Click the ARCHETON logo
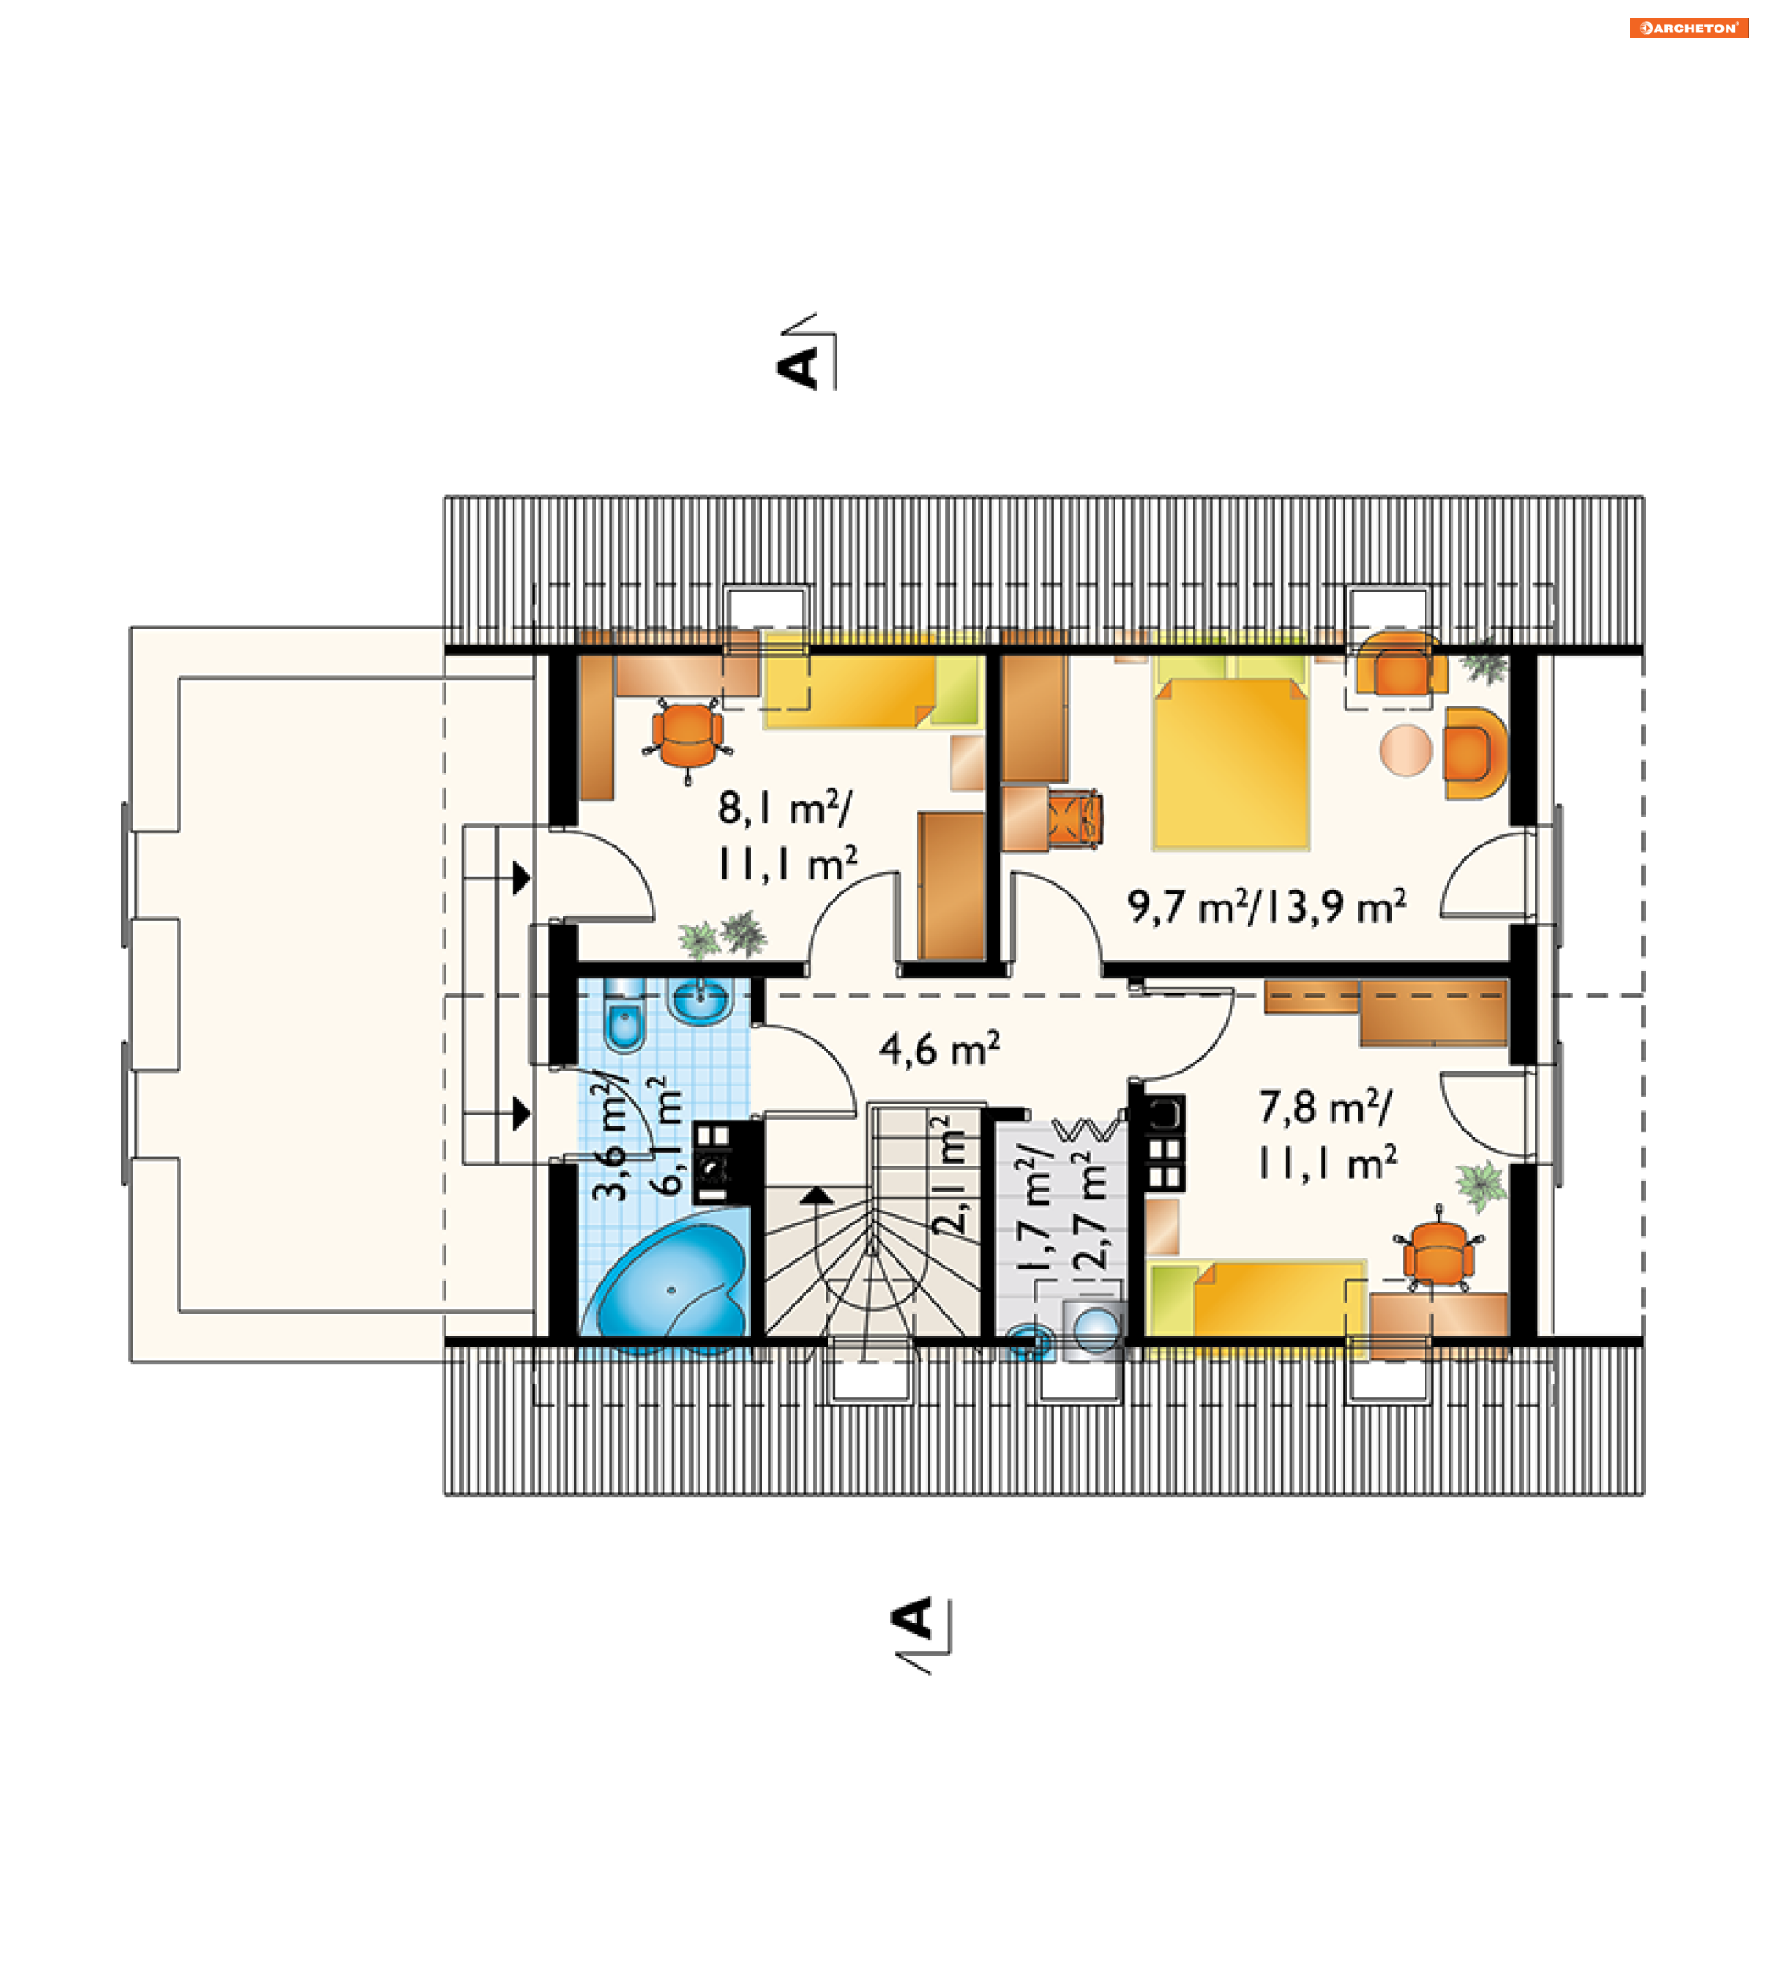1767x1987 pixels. [x=1688, y=29]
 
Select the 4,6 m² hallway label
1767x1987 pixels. [x=940, y=1050]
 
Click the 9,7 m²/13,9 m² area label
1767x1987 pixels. [x=1267, y=906]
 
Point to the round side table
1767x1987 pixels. [x=1406, y=750]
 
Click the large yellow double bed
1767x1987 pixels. [x=1231, y=752]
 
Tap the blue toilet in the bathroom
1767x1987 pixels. [x=623, y=1016]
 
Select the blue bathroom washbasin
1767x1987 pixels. [x=699, y=1001]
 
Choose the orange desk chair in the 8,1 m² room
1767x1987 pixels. [x=688, y=737]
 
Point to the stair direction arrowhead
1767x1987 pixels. [x=817, y=1196]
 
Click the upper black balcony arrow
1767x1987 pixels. [x=522, y=879]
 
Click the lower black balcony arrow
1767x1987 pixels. [x=522, y=1114]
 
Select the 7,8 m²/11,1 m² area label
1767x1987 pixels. [x=1327, y=1135]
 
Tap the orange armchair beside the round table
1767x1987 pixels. [x=1475, y=753]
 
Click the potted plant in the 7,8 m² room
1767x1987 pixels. [x=1480, y=1186]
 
